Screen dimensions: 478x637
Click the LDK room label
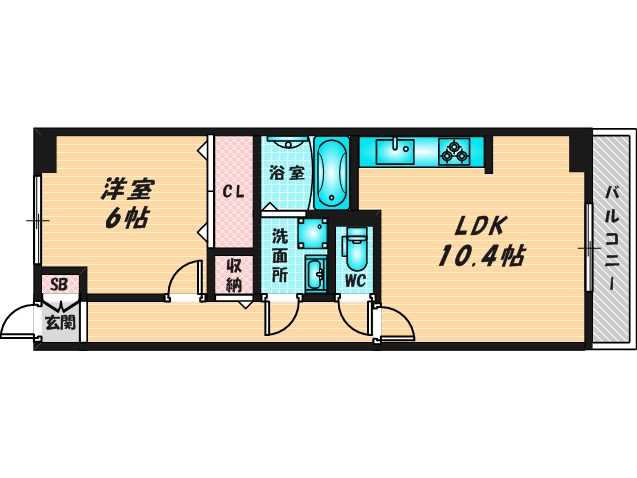(481, 224)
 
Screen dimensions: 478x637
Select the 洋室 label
(128, 187)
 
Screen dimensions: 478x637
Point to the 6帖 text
(127, 217)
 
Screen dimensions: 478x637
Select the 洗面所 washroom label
(281, 255)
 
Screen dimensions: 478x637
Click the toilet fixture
(355, 248)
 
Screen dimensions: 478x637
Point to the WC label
(355, 280)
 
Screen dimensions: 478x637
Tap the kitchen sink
(401, 151)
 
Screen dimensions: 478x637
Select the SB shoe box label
(60, 284)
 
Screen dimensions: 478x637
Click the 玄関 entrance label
(59, 321)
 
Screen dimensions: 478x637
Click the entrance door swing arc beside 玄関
(18, 322)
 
